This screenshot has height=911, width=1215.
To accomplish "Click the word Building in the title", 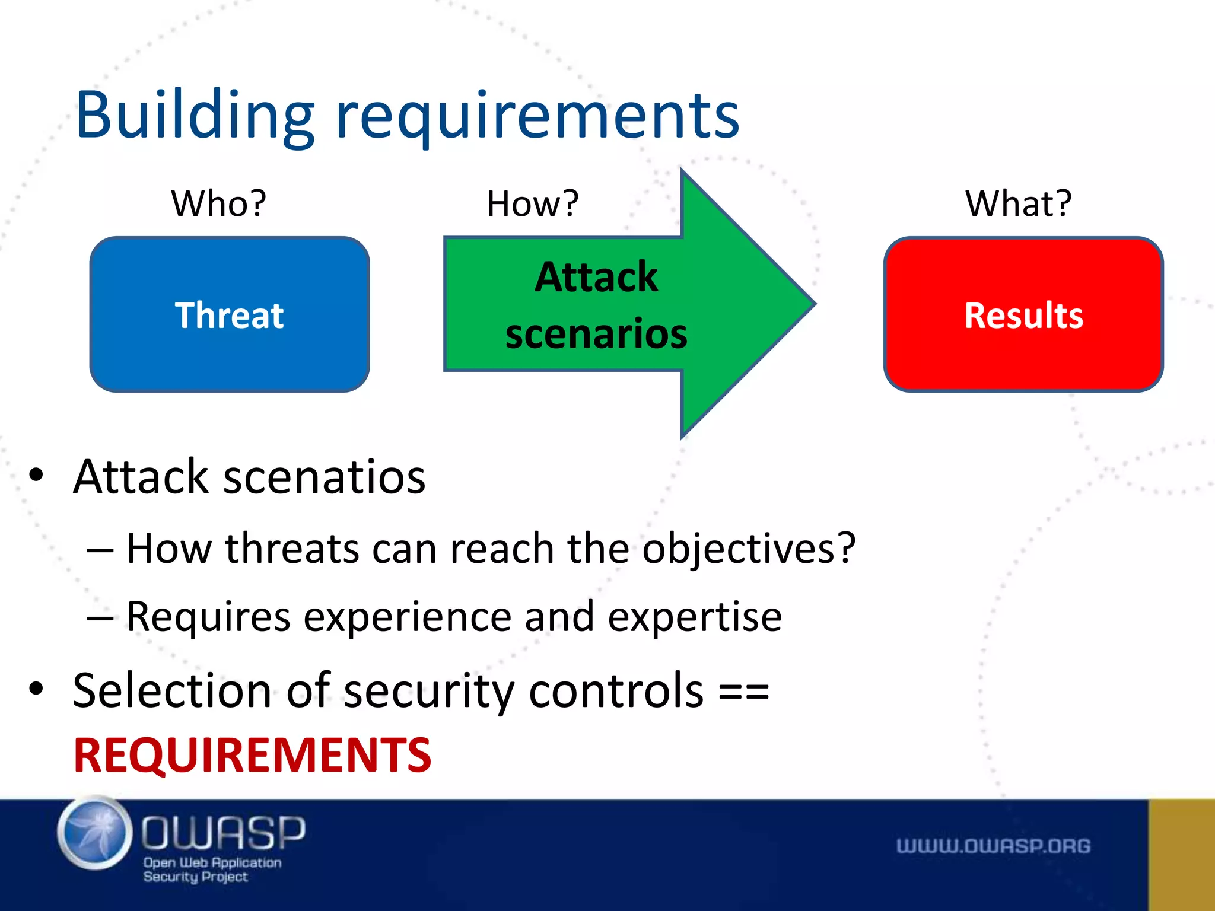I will [x=195, y=116].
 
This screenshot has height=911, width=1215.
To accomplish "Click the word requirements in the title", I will [x=537, y=116].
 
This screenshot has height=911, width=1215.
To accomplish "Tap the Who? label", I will [x=219, y=203].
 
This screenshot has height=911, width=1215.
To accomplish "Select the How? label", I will [x=532, y=203].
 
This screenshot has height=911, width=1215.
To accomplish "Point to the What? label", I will [x=1018, y=203].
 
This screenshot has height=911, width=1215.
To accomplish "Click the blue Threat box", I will [x=230, y=314].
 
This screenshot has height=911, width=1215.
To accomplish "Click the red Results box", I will [x=1023, y=314].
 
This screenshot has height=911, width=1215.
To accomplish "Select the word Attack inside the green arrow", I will [x=596, y=277].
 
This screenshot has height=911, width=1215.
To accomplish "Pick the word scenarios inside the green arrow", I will [x=596, y=333].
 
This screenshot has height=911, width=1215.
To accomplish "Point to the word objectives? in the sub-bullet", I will [x=749, y=548].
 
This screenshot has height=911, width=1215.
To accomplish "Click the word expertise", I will [x=695, y=617].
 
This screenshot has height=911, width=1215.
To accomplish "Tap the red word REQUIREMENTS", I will [x=252, y=755].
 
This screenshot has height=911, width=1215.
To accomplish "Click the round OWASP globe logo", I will [x=95, y=833].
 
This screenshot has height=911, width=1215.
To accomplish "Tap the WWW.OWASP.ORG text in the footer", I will [x=993, y=846].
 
